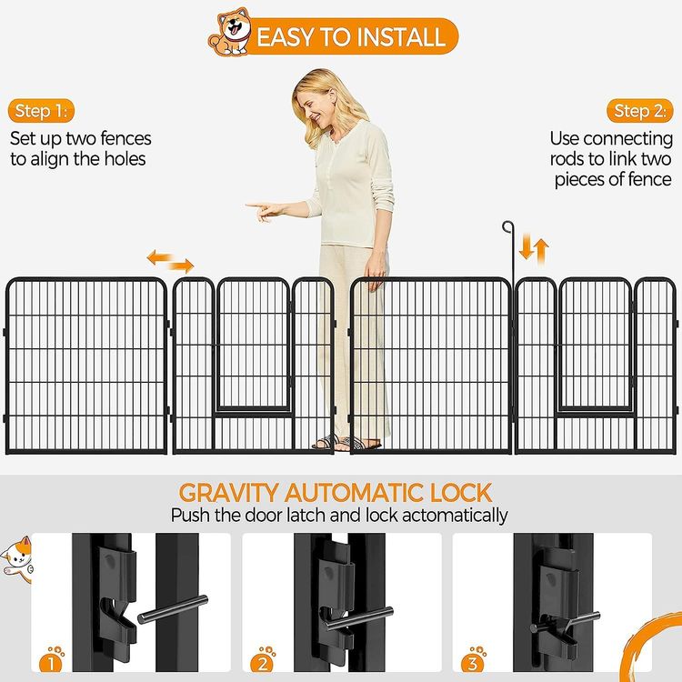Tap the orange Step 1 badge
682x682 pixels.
click(41, 111)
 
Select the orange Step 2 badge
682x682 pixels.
click(640, 111)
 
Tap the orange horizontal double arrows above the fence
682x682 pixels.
click(170, 261)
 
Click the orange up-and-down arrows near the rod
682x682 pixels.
click(534, 251)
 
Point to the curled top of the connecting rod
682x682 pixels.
click(508, 226)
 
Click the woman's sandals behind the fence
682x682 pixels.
click(346, 442)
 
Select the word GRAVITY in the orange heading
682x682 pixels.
click(228, 493)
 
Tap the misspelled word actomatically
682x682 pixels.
click(455, 516)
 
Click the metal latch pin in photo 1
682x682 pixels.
click(173, 609)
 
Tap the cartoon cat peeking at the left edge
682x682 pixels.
click(17, 559)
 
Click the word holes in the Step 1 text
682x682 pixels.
click(125, 159)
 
